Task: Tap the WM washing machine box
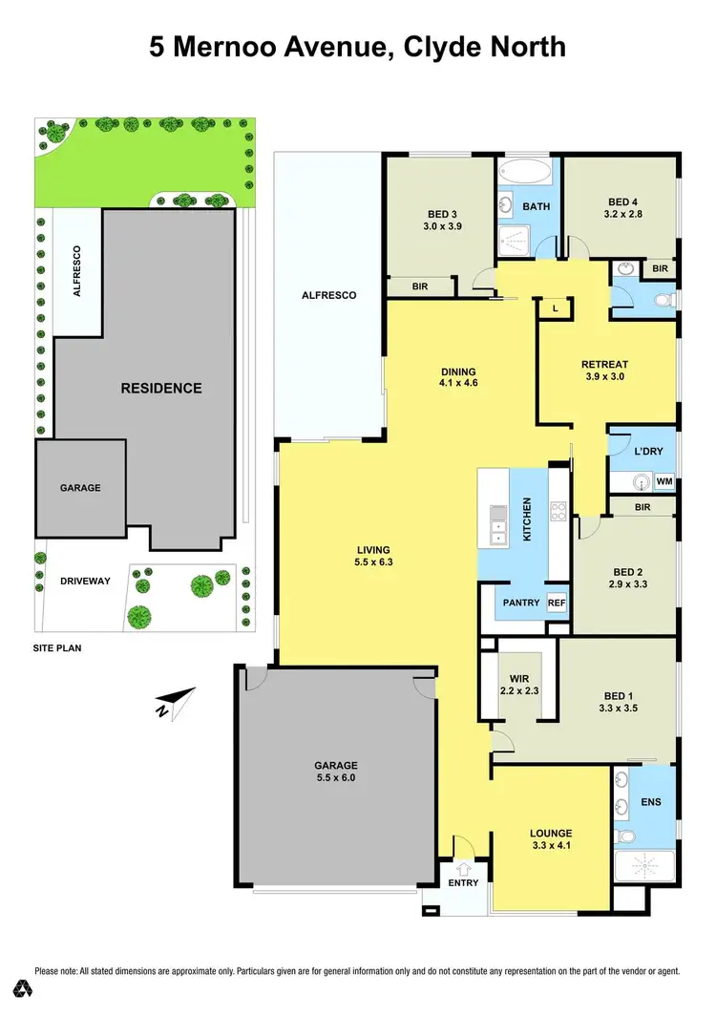click(x=664, y=482)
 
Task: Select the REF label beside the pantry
click(x=557, y=603)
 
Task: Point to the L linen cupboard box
click(x=555, y=307)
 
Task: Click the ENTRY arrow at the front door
click(x=465, y=868)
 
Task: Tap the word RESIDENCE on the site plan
click(x=160, y=388)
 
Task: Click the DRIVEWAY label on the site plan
click(x=80, y=581)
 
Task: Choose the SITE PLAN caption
click(x=58, y=647)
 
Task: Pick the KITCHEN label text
click(x=526, y=519)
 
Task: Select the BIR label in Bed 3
click(x=420, y=286)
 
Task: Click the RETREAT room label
click(x=604, y=364)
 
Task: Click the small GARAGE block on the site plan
click(x=80, y=487)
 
